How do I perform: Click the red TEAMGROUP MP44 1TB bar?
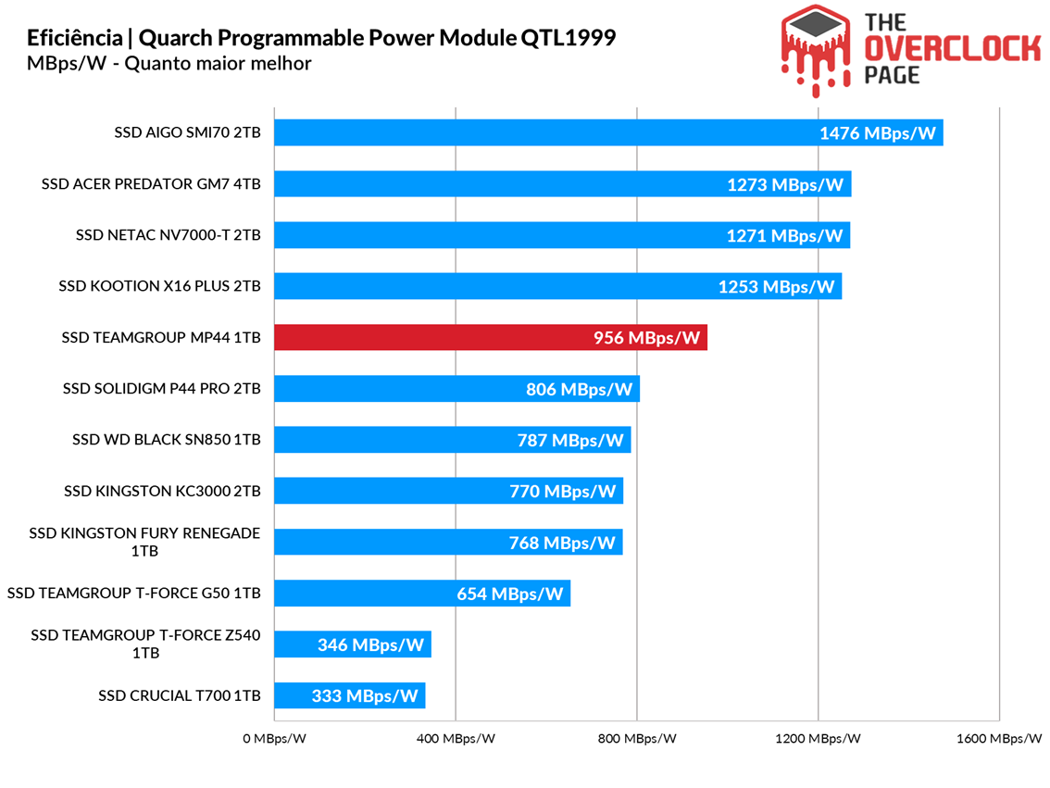tap(491, 338)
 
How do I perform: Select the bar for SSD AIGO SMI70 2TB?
tap(608, 133)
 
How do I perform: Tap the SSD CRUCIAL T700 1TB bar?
tap(350, 696)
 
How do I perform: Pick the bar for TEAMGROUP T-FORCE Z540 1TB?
tap(353, 644)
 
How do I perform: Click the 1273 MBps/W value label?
tap(785, 185)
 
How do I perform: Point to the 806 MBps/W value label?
tap(579, 390)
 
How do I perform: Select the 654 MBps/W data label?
tap(509, 594)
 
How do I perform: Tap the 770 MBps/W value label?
tap(562, 492)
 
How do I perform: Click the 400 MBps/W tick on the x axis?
tap(456, 739)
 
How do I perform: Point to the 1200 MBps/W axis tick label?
tap(819, 739)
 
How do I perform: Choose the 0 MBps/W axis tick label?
tap(275, 739)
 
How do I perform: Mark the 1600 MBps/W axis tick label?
tap(998, 739)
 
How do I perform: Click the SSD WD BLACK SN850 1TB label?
tap(167, 440)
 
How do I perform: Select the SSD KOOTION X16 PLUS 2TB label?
tap(159, 286)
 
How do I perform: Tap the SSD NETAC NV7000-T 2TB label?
tap(169, 235)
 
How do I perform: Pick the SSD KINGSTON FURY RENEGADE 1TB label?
tap(144, 542)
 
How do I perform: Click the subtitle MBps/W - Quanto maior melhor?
tap(169, 64)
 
